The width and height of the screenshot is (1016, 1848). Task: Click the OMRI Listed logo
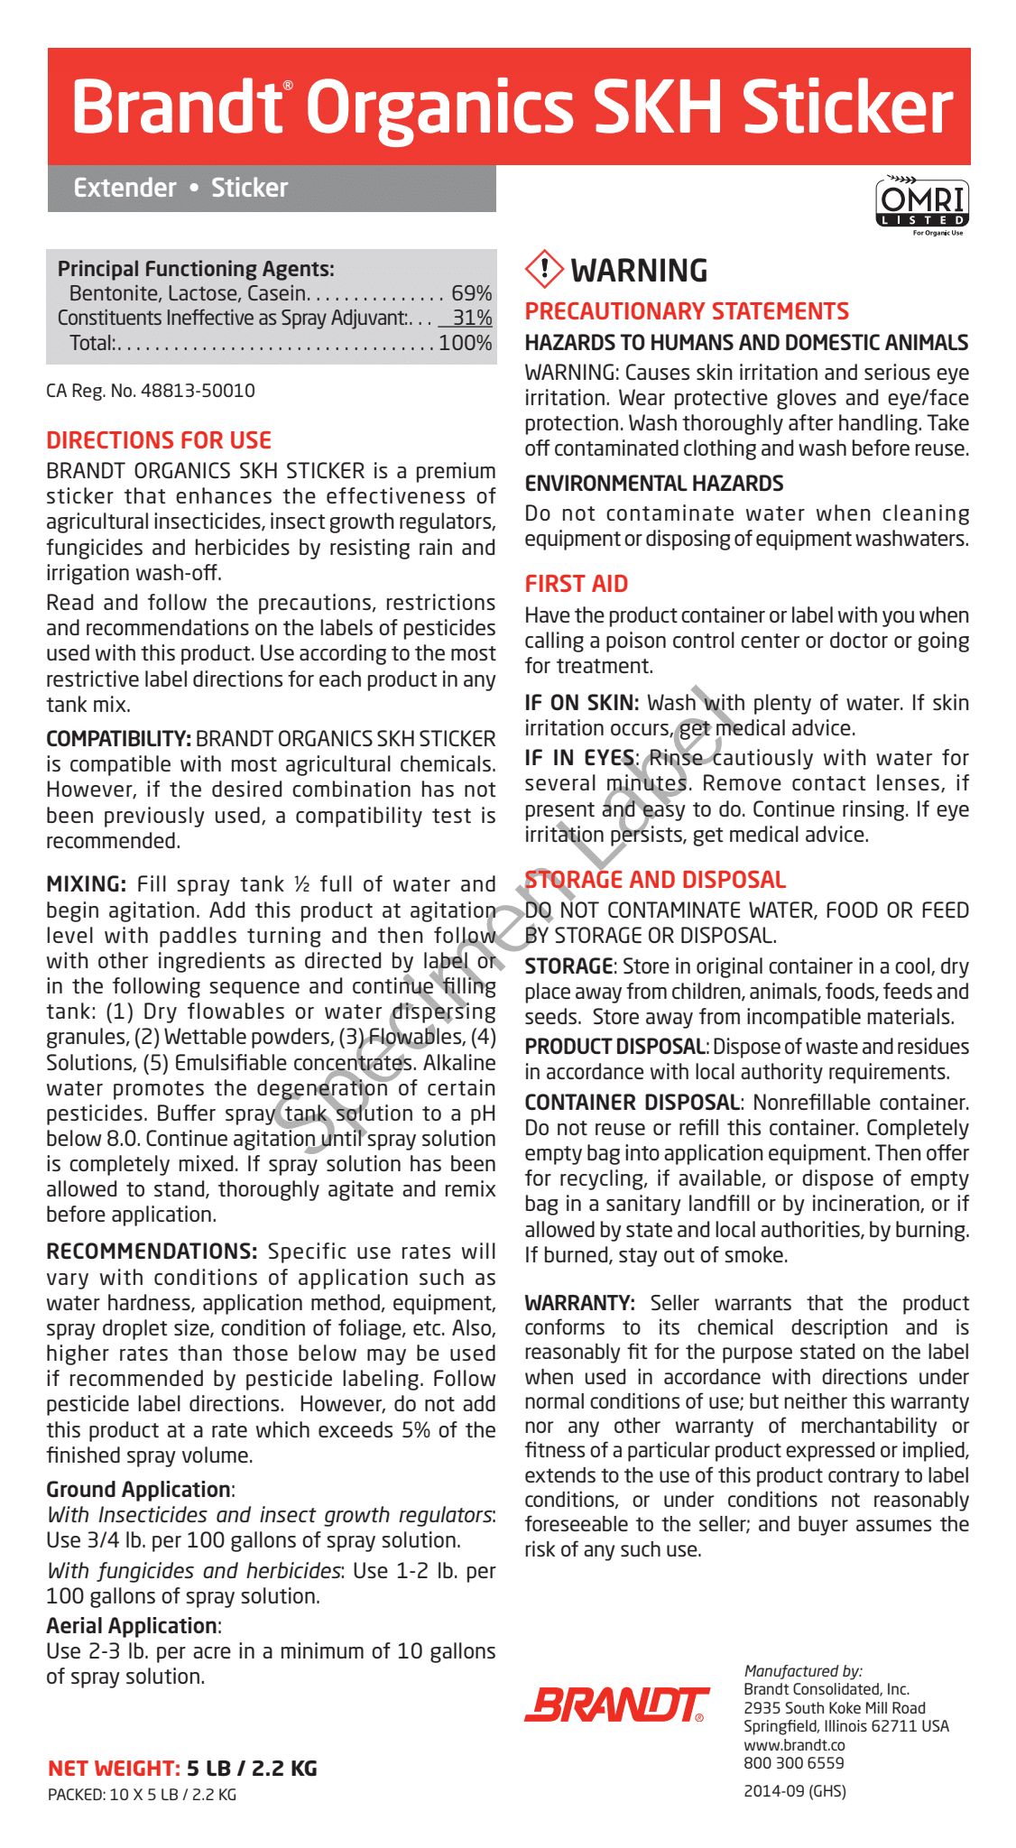pyautogui.click(x=921, y=204)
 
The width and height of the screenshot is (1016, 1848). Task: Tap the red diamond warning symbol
pyautogui.click(x=543, y=269)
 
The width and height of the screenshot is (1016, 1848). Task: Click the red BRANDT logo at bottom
pyautogui.click(x=616, y=1704)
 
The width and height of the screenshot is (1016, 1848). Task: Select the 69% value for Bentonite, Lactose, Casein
pyautogui.click(x=472, y=293)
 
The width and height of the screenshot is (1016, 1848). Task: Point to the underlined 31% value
pyautogui.click(x=472, y=318)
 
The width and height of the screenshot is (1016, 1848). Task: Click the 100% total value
pyautogui.click(x=465, y=343)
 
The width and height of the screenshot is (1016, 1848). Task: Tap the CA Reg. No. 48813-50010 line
pyautogui.click(x=151, y=391)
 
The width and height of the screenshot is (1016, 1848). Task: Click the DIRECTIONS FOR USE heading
pyautogui.click(x=159, y=440)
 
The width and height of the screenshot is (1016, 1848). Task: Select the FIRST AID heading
pyautogui.click(x=577, y=584)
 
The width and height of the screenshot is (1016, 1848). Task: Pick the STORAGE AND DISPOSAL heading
pyautogui.click(x=655, y=880)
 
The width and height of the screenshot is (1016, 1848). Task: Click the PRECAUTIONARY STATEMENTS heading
pyautogui.click(x=687, y=311)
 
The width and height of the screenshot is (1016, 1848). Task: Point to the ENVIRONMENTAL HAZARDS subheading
pyautogui.click(x=654, y=484)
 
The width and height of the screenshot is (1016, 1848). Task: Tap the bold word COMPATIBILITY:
pyautogui.click(x=118, y=739)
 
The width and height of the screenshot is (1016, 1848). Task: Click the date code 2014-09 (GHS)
pyautogui.click(x=795, y=1791)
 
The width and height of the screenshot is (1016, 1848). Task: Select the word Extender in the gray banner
pyautogui.click(x=125, y=188)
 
